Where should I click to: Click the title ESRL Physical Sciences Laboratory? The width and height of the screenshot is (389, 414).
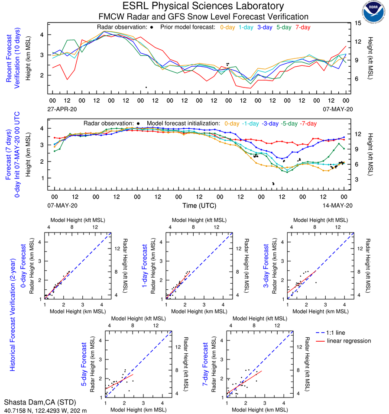coord(204,6)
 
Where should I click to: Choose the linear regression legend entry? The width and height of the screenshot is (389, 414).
coord(349,341)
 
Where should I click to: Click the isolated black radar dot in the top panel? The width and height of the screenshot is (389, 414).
coord(146,87)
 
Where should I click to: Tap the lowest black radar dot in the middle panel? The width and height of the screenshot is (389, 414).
coord(273,184)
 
